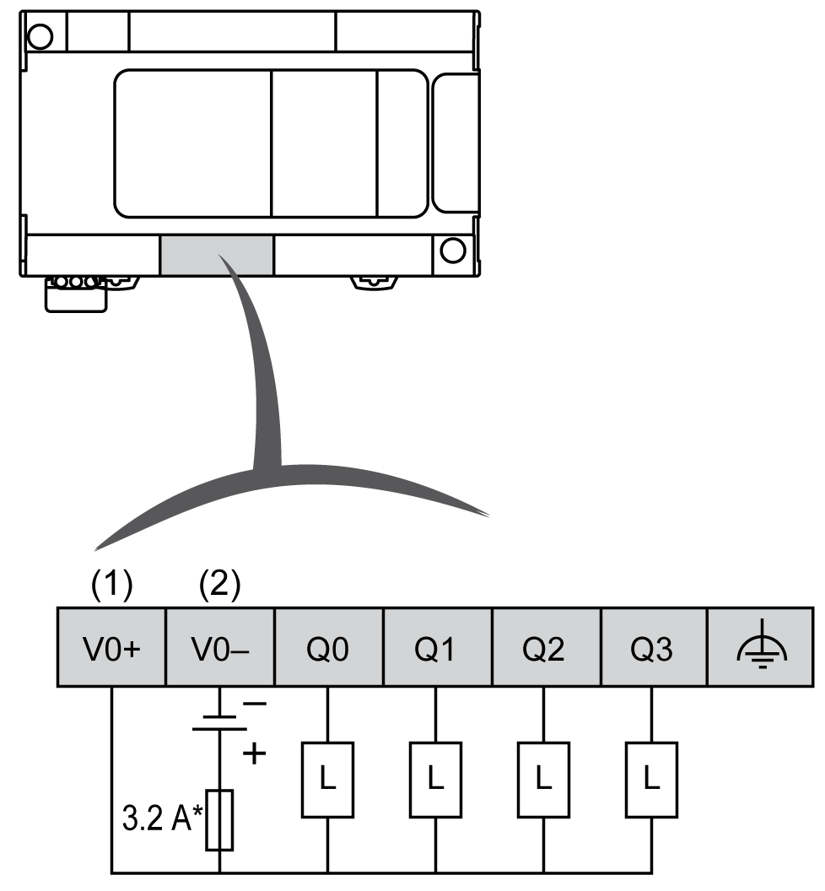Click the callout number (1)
[x=112, y=586]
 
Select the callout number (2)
[x=220, y=586]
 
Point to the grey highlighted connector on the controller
[x=217, y=255]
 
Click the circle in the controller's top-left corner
[x=40, y=35]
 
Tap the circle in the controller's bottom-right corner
[x=453, y=250]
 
